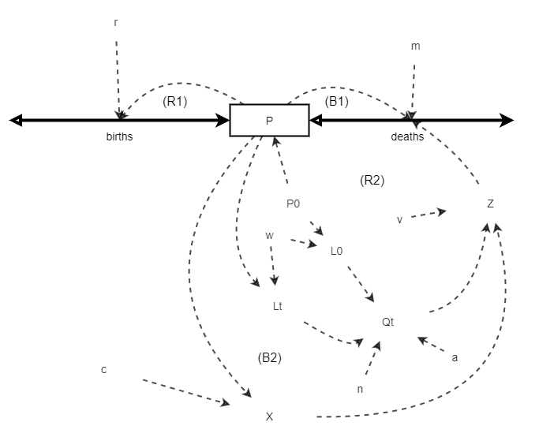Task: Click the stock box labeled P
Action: (269, 120)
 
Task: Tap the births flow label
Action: (119, 136)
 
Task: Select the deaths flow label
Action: (407, 136)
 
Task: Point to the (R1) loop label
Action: (174, 101)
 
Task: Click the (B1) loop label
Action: (336, 101)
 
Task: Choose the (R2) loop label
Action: (372, 180)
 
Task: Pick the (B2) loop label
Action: (269, 357)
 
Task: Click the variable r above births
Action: (116, 22)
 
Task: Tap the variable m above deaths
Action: (415, 46)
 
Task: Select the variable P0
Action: (293, 204)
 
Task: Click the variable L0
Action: (336, 251)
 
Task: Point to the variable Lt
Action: (277, 306)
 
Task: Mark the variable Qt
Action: (387, 322)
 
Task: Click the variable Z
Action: (490, 204)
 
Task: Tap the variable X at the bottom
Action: (269, 416)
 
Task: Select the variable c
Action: (103, 369)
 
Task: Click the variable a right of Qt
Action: (455, 357)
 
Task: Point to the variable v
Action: (399, 219)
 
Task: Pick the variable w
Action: (269, 235)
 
